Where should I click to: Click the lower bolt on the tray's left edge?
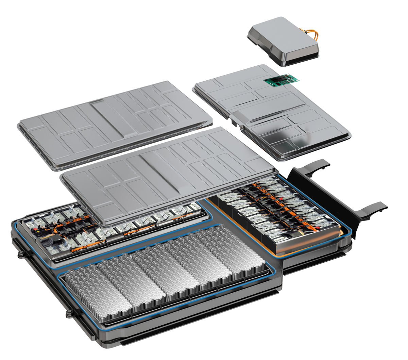coord(68,313)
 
